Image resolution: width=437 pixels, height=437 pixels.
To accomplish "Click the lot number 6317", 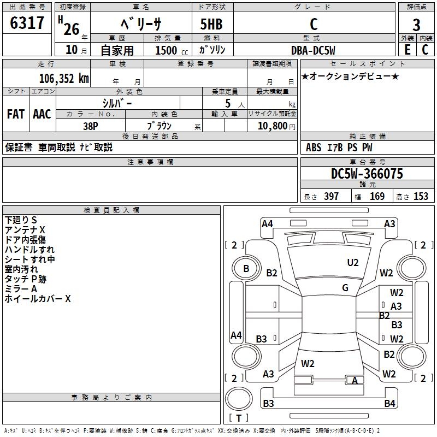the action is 27,23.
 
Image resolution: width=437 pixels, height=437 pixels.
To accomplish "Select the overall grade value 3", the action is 416,25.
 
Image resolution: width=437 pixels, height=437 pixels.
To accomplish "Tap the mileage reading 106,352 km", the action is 64,79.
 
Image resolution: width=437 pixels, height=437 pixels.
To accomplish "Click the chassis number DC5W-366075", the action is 367,174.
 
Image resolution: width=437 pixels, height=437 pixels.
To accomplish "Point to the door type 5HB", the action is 211,24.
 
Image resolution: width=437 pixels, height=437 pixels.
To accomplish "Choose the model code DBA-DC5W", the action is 313,50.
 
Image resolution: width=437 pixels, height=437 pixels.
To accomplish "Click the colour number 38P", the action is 91,126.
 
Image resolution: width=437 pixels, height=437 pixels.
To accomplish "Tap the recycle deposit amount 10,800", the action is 272,126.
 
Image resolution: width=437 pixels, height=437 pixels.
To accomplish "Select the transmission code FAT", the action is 16,114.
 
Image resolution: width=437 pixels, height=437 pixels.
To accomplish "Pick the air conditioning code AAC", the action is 42,114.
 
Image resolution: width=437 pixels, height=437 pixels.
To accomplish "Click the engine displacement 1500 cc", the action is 172,50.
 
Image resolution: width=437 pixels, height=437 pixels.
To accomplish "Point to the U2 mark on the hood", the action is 353,263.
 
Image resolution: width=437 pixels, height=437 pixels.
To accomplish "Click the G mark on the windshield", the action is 345,288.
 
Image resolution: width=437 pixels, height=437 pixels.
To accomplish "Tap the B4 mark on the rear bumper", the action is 389,403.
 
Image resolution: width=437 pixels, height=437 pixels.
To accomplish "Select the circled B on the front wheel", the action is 246,269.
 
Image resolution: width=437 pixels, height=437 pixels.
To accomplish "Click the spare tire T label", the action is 239,418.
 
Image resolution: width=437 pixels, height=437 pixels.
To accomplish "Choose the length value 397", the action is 331,196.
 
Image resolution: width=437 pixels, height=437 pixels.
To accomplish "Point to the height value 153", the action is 421,196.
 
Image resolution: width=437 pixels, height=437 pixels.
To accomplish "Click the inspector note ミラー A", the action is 21,289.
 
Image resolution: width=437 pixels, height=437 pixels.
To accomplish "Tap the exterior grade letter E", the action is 408,50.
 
